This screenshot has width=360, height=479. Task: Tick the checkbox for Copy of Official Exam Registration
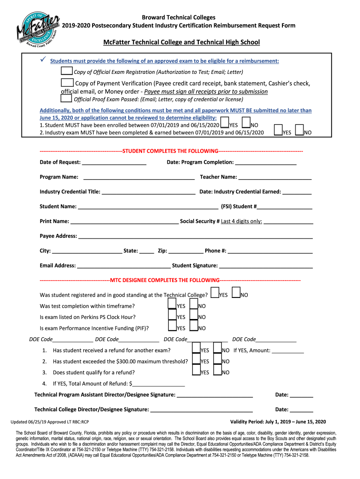click(x=67, y=71)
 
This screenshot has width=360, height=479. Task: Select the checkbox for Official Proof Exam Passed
click(x=67, y=99)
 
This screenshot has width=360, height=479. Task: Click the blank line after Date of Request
click(x=114, y=162)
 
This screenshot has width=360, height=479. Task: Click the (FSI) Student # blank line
click(x=285, y=206)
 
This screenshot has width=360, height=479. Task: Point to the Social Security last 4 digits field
click(x=288, y=221)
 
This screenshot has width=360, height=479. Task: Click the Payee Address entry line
click(x=195, y=236)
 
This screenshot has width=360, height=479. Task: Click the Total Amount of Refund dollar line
click(x=159, y=384)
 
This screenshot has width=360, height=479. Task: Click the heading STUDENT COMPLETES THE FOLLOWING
click(x=171, y=151)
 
